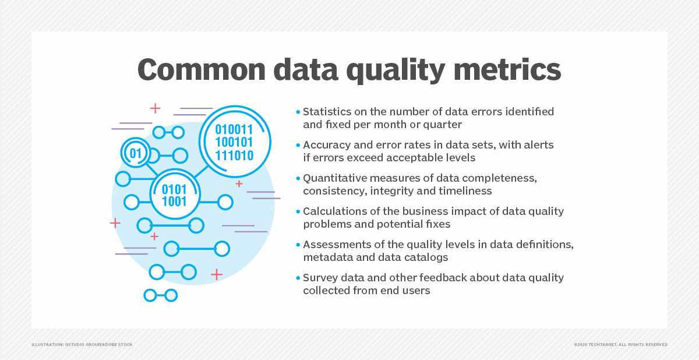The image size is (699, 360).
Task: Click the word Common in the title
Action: [202, 69]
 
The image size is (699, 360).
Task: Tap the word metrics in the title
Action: [507, 69]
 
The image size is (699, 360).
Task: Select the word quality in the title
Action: [396, 71]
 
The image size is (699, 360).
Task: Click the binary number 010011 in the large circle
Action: [234, 129]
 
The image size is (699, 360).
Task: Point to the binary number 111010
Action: [234, 156]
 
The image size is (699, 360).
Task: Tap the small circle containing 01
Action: [136, 153]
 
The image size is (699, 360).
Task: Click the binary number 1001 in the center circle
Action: [174, 202]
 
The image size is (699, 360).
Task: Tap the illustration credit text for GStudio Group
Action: [82, 345]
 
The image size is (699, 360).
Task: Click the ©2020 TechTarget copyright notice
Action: [621, 345]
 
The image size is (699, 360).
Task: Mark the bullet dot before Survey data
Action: [298, 278]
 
